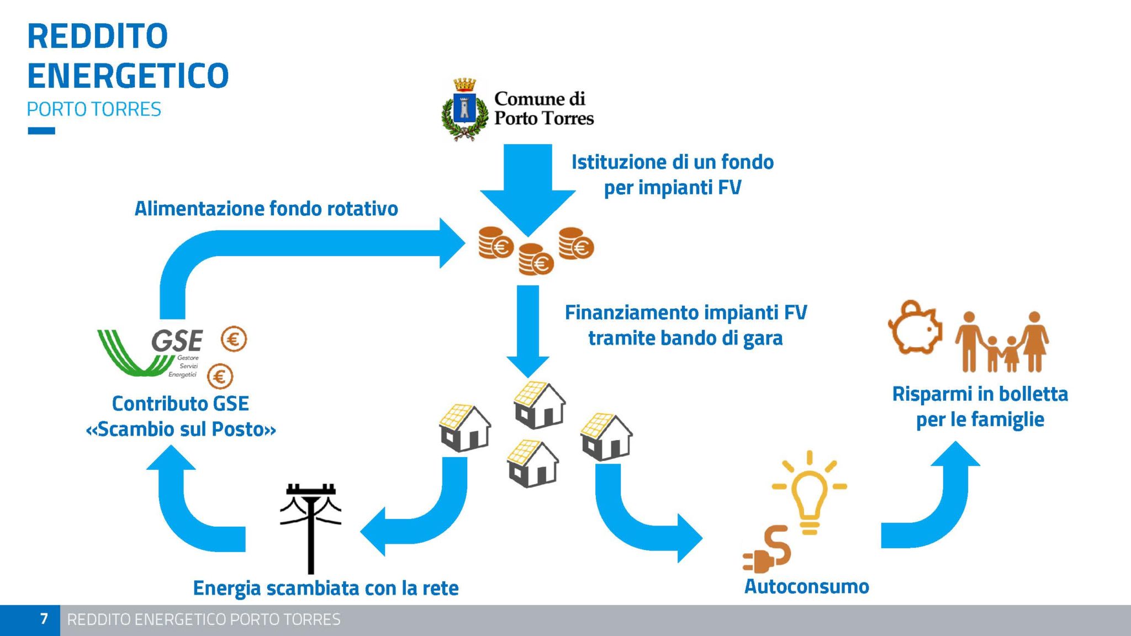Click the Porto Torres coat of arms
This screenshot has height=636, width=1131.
click(x=465, y=109)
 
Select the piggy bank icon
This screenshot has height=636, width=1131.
click(x=915, y=327)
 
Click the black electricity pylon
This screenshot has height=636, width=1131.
click(x=311, y=529)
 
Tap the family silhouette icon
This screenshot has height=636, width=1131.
click(x=1002, y=342)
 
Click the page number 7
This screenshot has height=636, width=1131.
click(x=44, y=619)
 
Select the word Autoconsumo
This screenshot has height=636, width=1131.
click(x=807, y=586)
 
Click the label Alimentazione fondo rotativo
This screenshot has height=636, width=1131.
click(x=266, y=209)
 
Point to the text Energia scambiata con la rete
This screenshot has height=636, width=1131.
click(x=326, y=589)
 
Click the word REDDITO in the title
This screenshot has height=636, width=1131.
click(x=98, y=36)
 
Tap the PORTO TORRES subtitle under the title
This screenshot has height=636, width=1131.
click(x=94, y=109)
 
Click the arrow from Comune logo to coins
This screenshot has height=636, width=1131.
click(x=527, y=190)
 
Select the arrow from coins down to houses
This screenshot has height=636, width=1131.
click(x=527, y=331)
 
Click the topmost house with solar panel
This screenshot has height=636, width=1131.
click(x=539, y=405)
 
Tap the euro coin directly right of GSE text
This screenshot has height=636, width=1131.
click(x=234, y=339)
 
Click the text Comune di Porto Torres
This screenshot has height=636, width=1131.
click(x=543, y=108)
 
